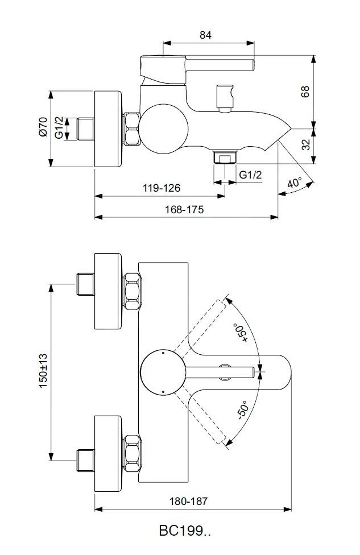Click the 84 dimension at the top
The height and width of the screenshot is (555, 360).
coord(206,35)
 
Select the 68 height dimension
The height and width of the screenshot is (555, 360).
coord(305,92)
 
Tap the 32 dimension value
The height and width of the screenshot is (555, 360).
coord(306,145)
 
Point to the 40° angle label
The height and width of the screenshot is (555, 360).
coord(294,183)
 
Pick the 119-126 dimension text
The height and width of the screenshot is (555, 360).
coord(162,188)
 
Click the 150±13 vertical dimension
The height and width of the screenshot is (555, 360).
coord(43,371)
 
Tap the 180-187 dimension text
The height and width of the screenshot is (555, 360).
coord(189,501)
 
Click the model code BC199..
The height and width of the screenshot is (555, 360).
coord(185,532)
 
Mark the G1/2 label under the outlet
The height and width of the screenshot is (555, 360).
coord(250,175)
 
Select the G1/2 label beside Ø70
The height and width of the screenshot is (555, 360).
coord(59,128)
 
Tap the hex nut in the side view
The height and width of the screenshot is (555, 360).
coord(131,129)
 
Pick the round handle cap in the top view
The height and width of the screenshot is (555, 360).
coord(163,372)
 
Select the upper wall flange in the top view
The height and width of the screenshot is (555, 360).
coord(109,291)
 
